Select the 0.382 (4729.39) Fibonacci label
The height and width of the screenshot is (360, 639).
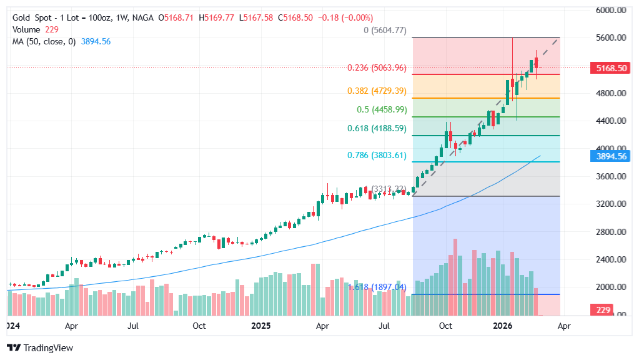coord(377,91)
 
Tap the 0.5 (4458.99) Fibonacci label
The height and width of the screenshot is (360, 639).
coord(382,109)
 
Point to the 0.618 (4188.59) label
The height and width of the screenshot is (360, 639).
coord(377,128)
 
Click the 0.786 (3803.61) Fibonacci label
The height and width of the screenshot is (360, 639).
coord(377,155)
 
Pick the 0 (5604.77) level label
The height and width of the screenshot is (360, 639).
coord(385,30)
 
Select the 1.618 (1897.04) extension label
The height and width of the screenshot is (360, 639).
coord(377,287)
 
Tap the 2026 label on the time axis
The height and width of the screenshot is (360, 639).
coord(503,326)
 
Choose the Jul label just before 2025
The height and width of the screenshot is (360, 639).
coord(132,326)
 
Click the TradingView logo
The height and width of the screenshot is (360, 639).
coord(41,347)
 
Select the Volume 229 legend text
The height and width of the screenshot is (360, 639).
coord(35,29)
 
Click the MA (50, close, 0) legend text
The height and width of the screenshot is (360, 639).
coord(44,41)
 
